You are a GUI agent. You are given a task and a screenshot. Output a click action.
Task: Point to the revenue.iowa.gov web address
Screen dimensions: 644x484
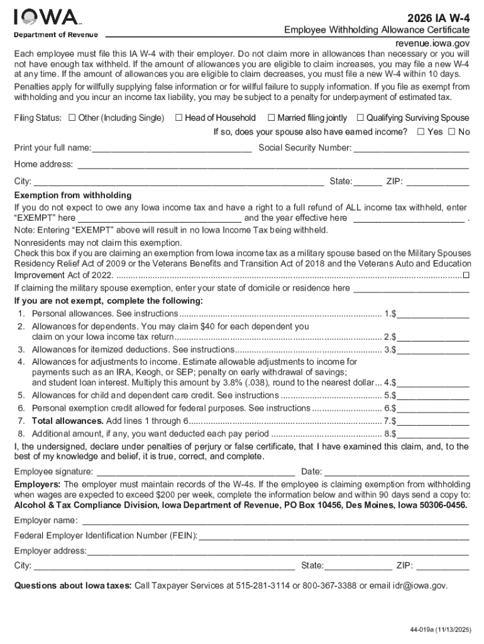point(432,43)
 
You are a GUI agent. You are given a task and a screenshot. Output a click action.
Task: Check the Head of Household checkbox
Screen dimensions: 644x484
point(179,118)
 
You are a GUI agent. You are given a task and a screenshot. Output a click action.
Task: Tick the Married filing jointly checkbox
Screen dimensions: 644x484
point(271,118)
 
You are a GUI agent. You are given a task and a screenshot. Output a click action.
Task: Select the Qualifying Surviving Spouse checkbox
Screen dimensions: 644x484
point(360,118)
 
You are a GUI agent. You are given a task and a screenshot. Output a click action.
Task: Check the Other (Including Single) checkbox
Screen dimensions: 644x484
point(72,118)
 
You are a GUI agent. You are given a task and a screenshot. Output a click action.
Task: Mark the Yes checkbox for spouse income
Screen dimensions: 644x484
point(421,132)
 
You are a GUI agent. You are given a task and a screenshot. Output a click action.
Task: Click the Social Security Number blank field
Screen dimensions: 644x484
point(411,149)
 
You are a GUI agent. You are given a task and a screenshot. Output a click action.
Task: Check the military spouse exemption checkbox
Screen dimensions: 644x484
point(466,275)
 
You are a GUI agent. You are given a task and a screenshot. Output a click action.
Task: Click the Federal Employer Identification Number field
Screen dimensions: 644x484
point(334,536)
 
